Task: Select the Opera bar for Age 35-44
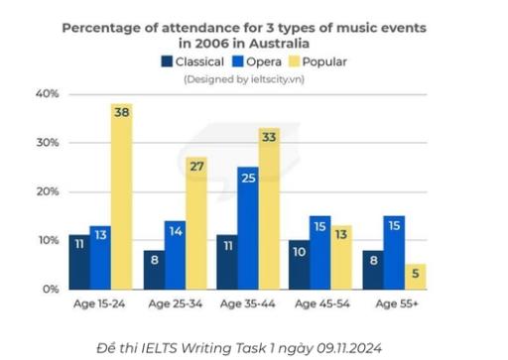coord(248,227)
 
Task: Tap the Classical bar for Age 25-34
coord(152,269)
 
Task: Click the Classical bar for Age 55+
coord(373,269)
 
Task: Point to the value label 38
coord(121,113)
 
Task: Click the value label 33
coord(269,138)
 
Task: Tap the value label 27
coord(195,166)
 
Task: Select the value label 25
coord(248,178)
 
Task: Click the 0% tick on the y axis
coord(50,289)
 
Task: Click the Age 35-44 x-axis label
coord(248,302)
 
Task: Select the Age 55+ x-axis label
coord(395,302)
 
